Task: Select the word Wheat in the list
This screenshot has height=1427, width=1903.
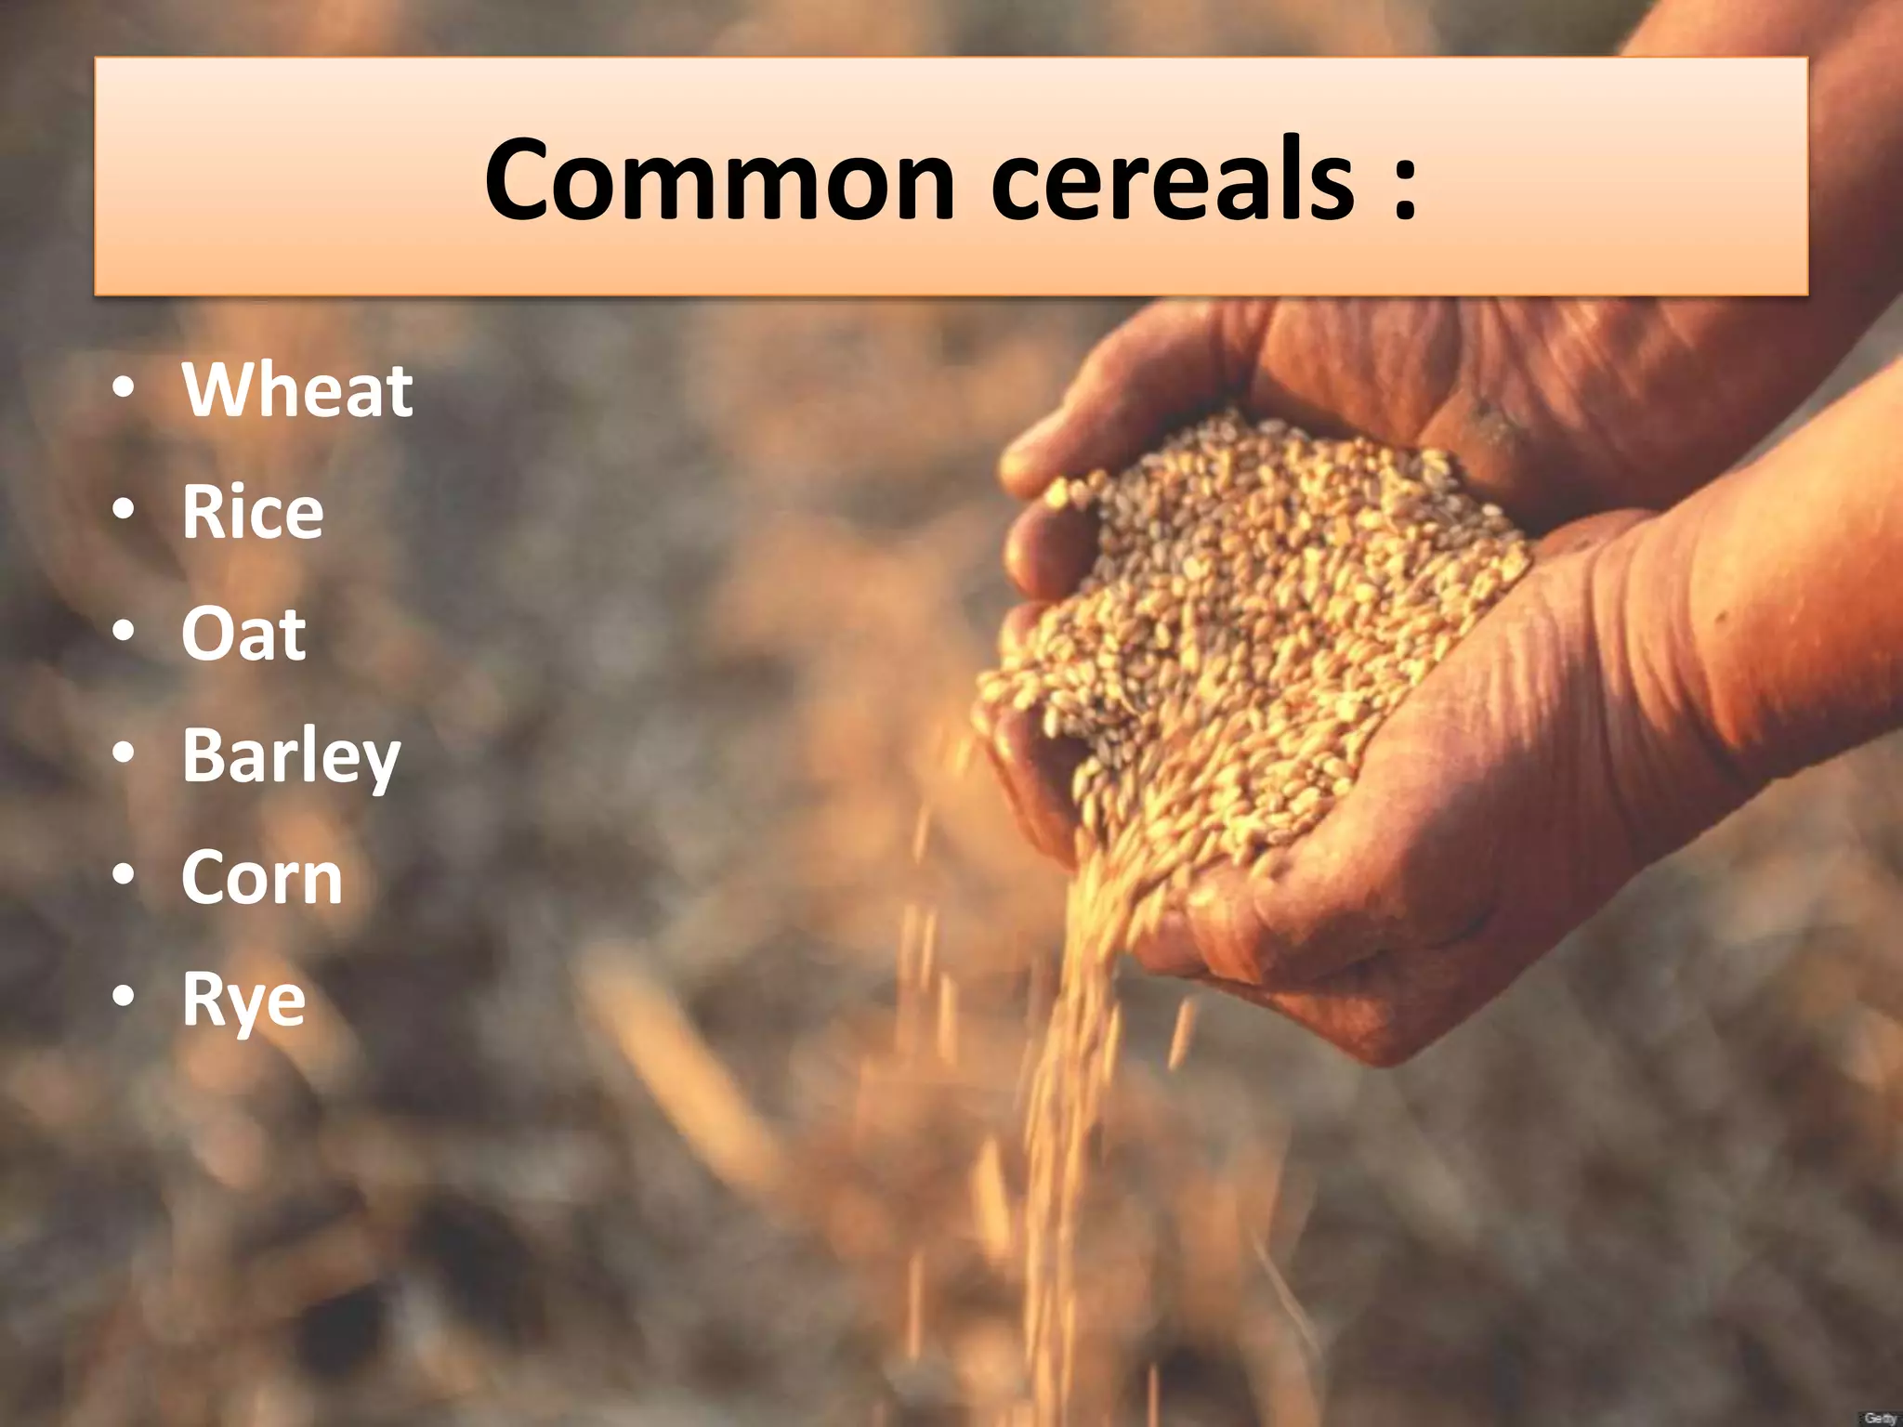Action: pyautogui.click(x=297, y=390)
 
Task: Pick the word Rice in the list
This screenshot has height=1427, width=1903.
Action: pyautogui.click(x=253, y=512)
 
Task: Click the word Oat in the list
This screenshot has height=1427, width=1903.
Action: pyautogui.click(x=243, y=634)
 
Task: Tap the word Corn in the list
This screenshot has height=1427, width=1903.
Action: pyautogui.click(x=262, y=877)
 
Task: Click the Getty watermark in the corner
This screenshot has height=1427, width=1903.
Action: pyautogui.click(x=1879, y=1418)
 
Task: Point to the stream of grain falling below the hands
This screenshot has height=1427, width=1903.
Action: pyautogui.click(x=1069, y=1115)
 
